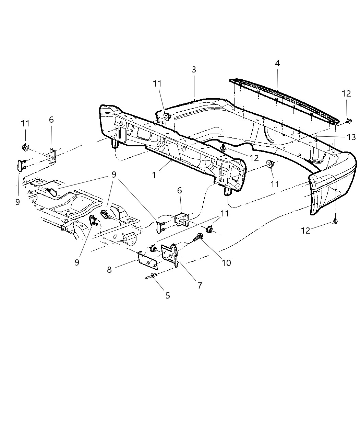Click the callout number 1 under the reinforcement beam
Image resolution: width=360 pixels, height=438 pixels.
[x=154, y=175]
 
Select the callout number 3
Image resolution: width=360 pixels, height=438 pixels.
[x=194, y=70]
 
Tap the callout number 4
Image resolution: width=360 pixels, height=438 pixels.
[x=277, y=64]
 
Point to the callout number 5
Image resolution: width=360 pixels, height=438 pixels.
[x=168, y=295]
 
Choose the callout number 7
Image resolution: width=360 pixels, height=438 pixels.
[x=200, y=285]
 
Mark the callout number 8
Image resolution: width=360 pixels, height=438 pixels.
[x=109, y=270]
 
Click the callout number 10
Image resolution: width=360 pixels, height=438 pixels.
[x=226, y=263]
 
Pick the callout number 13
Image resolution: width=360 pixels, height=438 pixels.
[x=351, y=137]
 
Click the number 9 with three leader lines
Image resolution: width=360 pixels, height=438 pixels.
[x=113, y=175]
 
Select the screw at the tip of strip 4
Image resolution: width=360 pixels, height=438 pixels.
[x=348, y=121]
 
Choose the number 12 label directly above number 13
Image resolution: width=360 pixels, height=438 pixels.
[x=346, y=93]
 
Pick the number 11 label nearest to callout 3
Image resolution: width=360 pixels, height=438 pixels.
[x=157, y=84]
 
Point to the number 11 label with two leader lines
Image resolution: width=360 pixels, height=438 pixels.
[x=224, y=213]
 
